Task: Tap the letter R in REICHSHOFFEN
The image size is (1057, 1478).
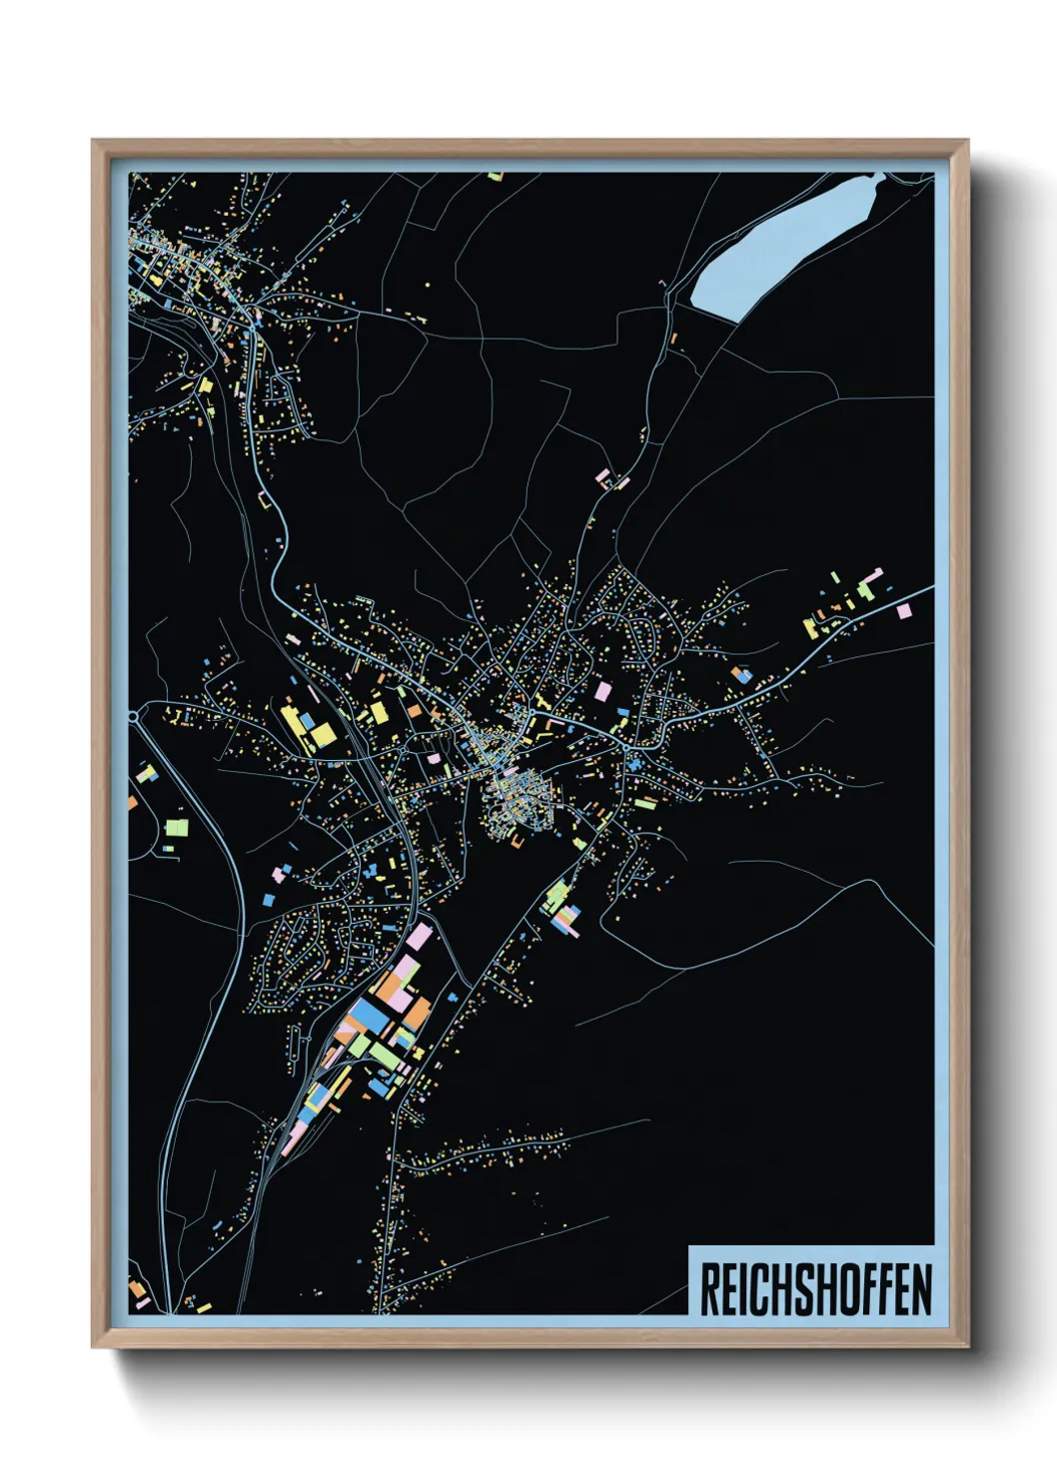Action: [x=709, y=1289]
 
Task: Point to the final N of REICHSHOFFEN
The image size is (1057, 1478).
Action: [x=921, y=1289]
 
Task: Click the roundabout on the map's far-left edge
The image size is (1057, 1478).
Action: [x=134, y=716]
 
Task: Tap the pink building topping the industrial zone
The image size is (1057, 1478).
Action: [x=420, y=937]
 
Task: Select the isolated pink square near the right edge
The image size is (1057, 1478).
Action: [x=904, y=610]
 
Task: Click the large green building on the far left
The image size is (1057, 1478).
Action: [x=177, y=827]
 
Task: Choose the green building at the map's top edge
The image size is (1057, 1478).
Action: [x=495, y=177]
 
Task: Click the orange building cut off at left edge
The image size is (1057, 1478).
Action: [x=132, y=802]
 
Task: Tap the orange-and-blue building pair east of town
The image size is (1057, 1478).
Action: [x=741, y=675]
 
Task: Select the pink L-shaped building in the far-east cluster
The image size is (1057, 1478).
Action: [x=873, y=576]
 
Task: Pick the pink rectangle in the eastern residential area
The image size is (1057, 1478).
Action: [x=602, y=690]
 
